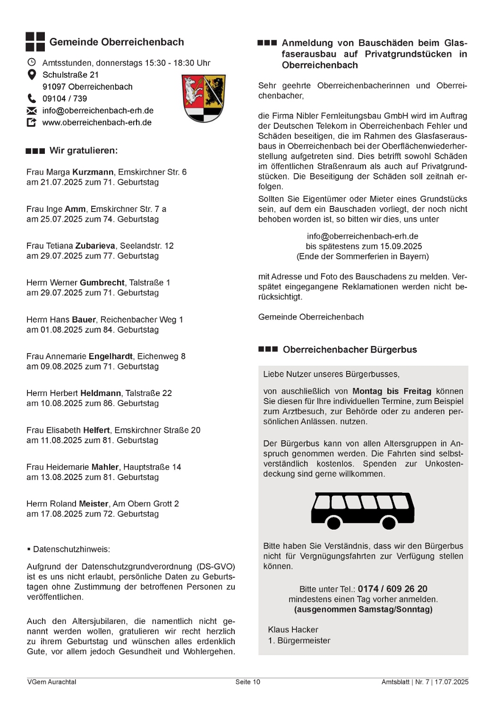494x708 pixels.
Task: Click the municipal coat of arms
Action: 204,98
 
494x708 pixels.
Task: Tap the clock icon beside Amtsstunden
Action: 32,62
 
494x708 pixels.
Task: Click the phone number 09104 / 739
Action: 65,99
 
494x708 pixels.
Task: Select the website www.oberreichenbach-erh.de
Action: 97,123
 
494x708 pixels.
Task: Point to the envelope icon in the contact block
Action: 32,111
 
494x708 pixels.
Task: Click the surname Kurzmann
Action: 93,172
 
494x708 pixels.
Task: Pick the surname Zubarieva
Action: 95,246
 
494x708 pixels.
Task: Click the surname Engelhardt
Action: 111,356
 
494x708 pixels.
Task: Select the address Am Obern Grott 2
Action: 146,504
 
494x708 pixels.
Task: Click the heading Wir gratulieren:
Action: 84,151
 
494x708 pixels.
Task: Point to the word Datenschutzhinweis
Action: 71,549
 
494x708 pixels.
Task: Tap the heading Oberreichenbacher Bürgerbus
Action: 349,350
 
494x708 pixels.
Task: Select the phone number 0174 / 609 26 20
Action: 392,589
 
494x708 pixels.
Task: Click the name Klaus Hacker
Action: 293,630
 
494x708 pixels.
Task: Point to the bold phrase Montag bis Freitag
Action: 392,391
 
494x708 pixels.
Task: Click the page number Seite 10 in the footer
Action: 247,682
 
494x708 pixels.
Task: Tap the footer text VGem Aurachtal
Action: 51,682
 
